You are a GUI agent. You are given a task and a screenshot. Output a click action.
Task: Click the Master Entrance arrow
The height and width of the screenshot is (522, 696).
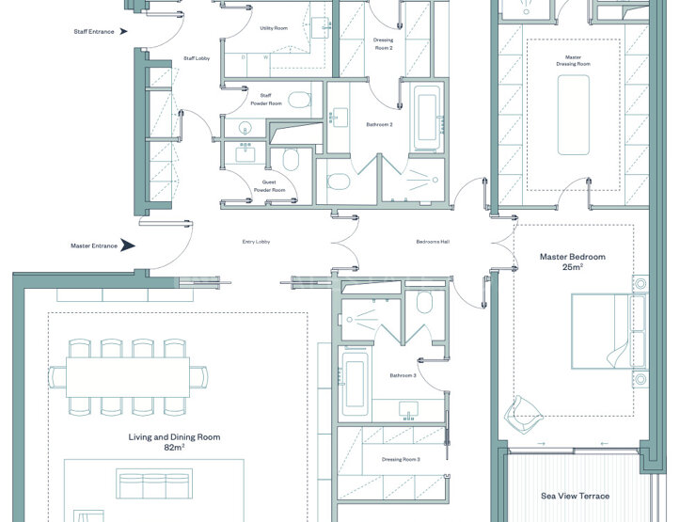tap(128, 245)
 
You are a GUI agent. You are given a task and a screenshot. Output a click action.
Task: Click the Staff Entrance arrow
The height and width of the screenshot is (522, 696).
tap(124, 32)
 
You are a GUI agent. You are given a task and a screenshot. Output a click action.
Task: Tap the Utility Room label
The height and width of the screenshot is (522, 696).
tap(274, 28)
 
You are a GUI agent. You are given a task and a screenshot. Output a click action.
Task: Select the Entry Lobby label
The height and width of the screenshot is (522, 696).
tap(256, 242)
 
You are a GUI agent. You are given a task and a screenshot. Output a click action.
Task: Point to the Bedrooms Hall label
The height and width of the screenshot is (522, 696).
tap(433, 242)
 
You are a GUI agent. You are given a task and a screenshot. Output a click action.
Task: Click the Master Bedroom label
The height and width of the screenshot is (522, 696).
tap(573, 257)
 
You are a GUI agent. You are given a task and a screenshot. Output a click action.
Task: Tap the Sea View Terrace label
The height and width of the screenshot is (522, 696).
tap(576, 496)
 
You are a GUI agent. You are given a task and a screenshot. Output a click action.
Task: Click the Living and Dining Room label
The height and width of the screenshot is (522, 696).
tap(174, 436)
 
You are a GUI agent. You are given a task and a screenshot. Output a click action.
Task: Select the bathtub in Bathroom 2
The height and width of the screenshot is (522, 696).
tap(427, 117)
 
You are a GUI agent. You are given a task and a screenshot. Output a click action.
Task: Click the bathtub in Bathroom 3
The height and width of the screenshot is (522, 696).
tap(355, 384)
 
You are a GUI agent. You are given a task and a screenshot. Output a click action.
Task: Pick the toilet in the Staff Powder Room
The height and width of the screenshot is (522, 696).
tap(300, 100)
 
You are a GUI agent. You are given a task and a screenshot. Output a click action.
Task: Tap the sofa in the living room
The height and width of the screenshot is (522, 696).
tap(154, 483)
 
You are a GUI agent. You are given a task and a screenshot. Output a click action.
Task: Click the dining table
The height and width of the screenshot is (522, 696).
tap(128, 377)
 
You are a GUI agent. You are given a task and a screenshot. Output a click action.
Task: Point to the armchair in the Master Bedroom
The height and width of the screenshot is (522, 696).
tap(524, 415)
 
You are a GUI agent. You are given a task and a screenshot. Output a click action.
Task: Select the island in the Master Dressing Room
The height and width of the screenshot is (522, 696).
tap(574, 115)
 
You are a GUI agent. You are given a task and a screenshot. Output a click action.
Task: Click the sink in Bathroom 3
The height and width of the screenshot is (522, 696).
tap(409, 410)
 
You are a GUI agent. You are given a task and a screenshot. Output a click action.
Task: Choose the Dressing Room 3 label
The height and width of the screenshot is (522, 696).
tap(401, 459)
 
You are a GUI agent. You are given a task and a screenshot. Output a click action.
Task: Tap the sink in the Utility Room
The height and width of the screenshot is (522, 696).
tap(321, 28)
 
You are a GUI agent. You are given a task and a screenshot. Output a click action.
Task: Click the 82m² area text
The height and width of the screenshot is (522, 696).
tap(174, 448)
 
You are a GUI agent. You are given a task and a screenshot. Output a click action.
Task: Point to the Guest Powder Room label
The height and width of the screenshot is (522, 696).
tap(269, 186)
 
